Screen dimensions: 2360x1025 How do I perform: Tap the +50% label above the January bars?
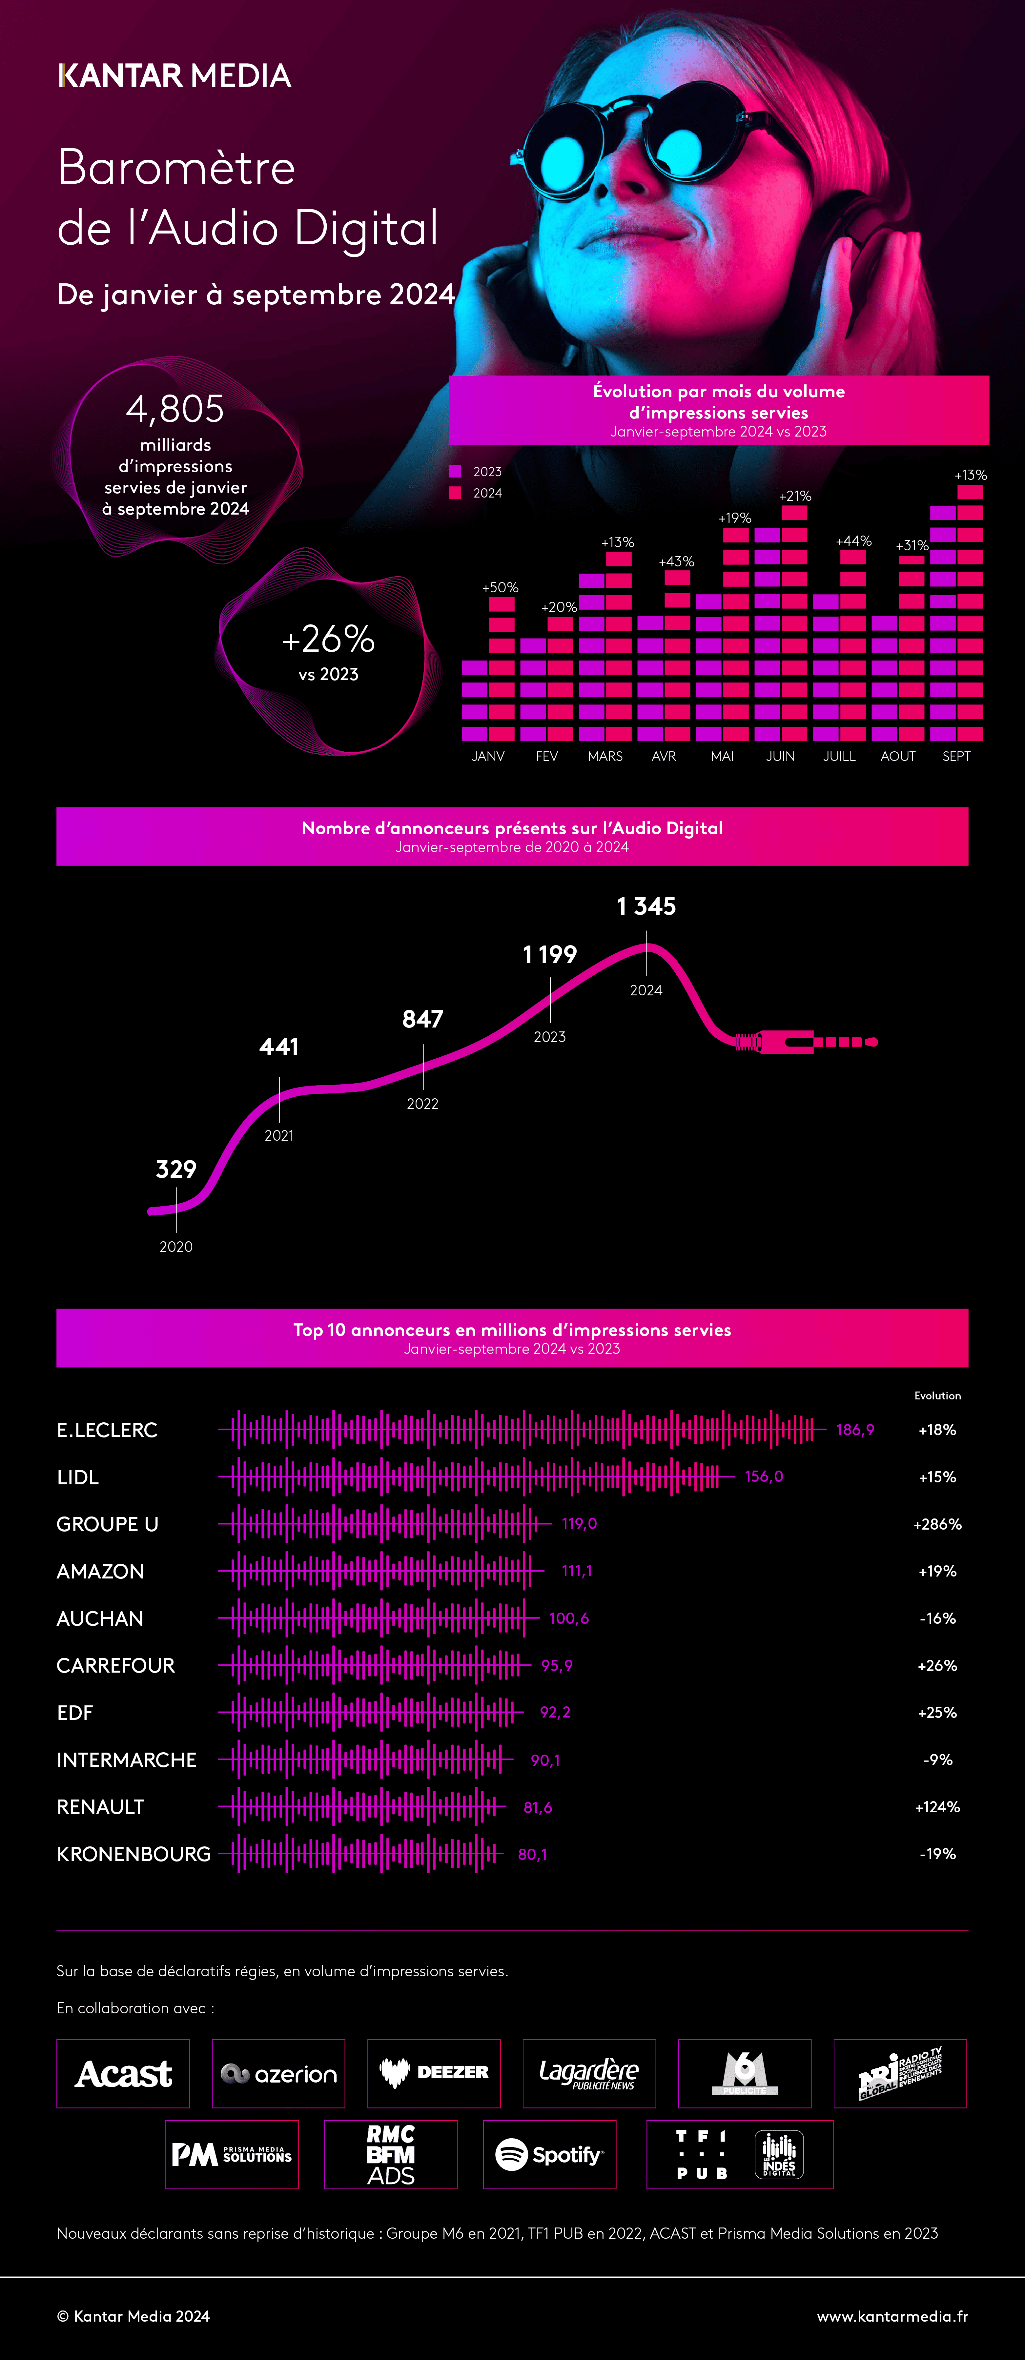500,587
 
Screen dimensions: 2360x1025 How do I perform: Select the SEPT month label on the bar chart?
956,756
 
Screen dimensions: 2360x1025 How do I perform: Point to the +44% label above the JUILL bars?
854,541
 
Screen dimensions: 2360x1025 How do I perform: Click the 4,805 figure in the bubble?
175,409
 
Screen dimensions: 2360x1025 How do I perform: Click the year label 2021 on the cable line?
279,1135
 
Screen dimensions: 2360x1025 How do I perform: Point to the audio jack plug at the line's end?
806,1042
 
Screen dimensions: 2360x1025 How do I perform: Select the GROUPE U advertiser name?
107,1524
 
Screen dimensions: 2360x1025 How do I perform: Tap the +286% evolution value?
937,1524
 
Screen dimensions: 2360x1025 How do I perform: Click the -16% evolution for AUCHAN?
937,1618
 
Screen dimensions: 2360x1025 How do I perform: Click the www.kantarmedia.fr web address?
892,2316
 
